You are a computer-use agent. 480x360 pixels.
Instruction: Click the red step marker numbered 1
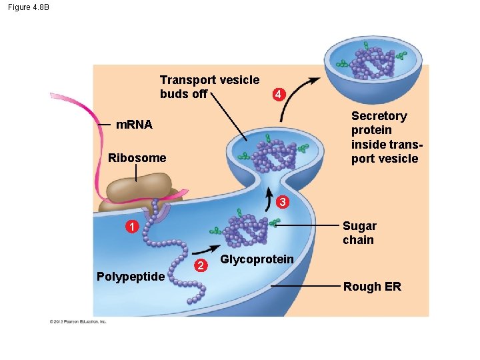pos(133,228)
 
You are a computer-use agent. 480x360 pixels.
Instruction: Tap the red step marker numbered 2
pos(197,267)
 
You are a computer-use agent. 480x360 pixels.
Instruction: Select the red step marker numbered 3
pos(283,202)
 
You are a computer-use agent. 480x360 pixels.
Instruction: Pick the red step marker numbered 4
pos(279,95)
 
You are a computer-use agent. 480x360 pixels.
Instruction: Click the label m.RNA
pos(134,125)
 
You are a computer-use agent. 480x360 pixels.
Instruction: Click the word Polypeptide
pos(131,277)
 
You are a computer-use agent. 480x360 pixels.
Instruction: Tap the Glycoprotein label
pos(257,259)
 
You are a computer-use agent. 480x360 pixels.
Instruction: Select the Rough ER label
pos(372,287)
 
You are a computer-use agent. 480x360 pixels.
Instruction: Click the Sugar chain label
pos(359,233)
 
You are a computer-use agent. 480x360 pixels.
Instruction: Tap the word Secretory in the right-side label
pos(379,116)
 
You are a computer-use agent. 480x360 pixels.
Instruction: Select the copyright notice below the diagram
pos(77,321)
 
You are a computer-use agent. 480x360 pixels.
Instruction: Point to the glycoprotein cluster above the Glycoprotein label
pos(245,230)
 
